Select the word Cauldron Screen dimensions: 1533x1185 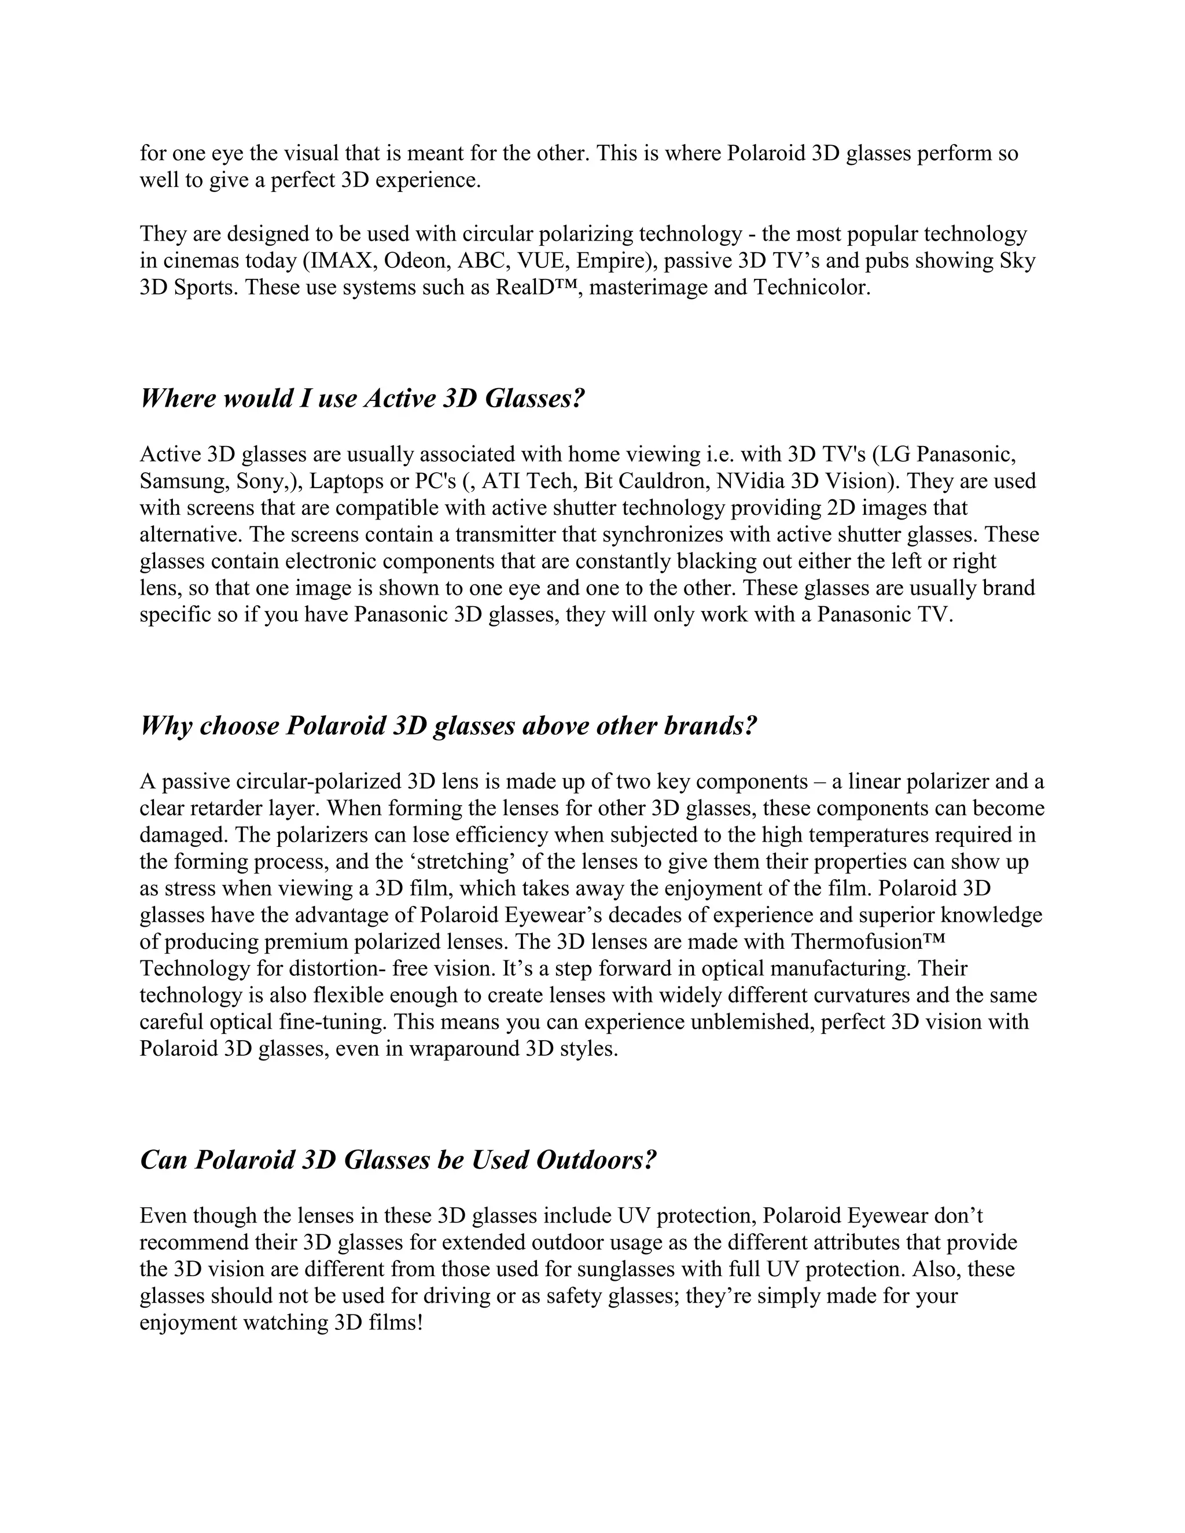coord(661,481)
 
